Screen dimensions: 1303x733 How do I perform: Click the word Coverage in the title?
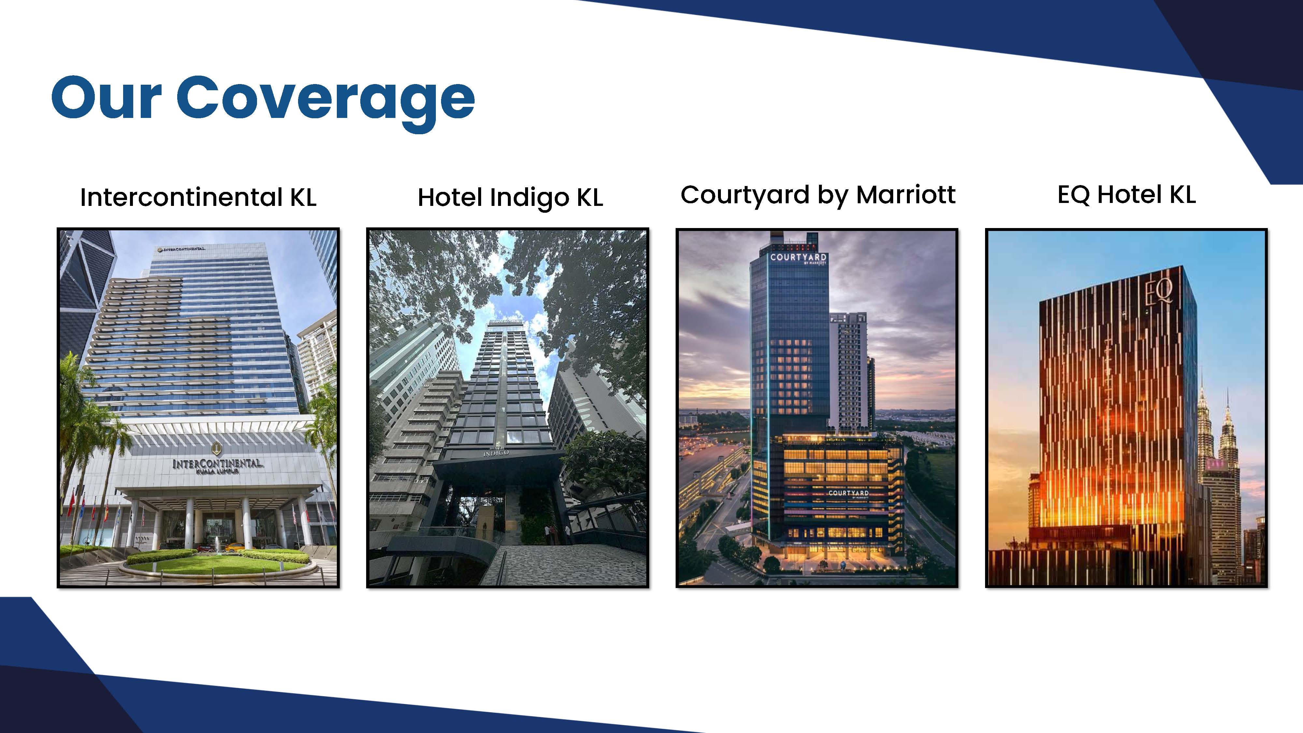click(x=326, y=102)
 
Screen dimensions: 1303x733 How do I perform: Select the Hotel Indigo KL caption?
click(x=510, y=198)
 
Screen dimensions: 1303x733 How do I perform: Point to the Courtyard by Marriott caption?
click(x=818, y=195)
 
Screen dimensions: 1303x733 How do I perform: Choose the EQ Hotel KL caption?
click(x=1126, y=195)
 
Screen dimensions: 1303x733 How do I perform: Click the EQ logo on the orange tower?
click(x=1159, y=293)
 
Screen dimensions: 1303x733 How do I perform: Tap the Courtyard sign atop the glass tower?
click(x=798, y=258)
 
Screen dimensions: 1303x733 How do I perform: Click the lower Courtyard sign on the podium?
click(x=848, y=494)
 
